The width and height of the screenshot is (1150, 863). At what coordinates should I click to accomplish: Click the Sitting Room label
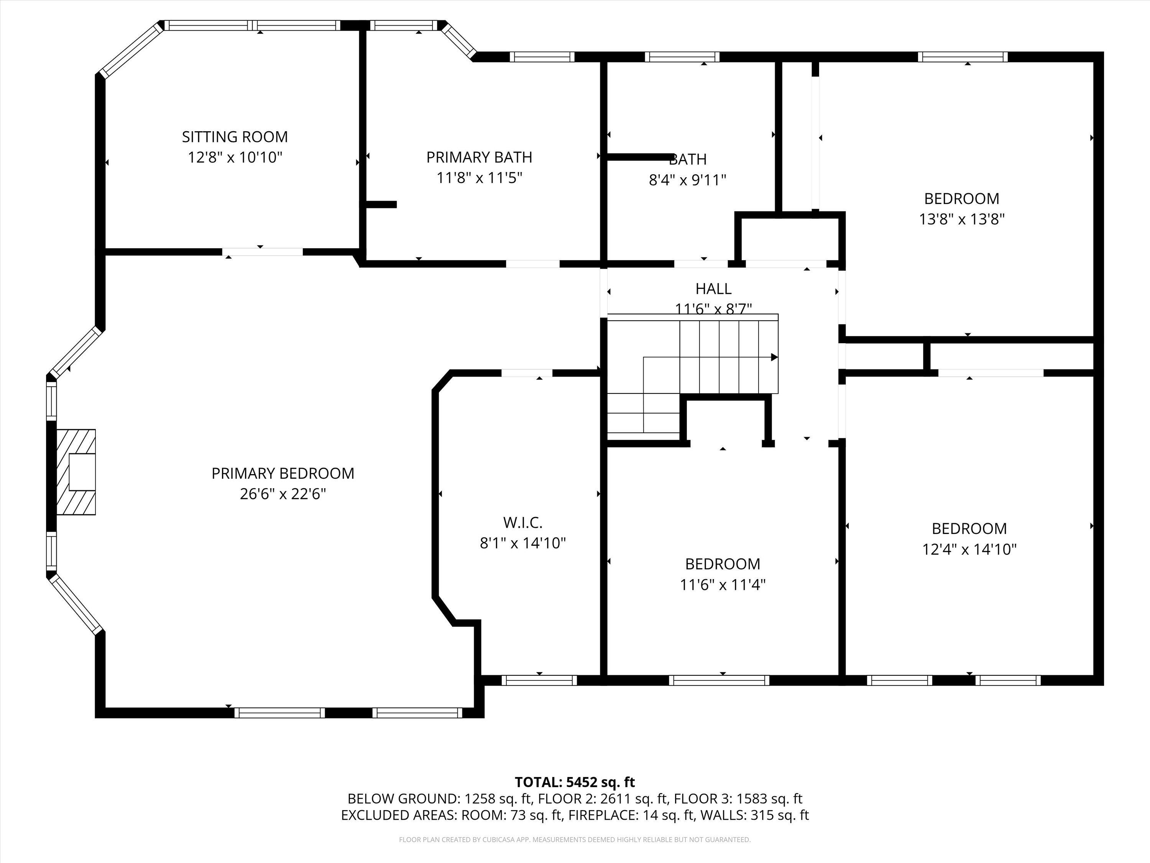click(x=235, y=137)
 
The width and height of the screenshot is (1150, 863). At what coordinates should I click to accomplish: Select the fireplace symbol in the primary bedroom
click(x=76, y=472)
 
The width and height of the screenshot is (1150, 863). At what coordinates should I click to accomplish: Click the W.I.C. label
click(x=522, y=522)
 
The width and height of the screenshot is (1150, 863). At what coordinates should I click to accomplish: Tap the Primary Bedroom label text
click(x=283, y=473)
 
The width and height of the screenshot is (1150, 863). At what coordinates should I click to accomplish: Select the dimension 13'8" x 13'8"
click(x=961, y=219)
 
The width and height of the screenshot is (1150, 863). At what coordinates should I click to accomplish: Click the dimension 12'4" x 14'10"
click(x=969, y=549)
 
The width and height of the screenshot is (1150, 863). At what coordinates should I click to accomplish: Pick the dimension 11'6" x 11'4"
click(x=723, y=585)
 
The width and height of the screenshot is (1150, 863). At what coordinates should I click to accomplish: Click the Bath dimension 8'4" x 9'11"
click(x=687, y=180)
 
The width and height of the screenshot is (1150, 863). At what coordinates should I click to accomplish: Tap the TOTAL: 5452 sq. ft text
click(x=575, y=782)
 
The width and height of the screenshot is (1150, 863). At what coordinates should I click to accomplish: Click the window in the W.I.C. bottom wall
click(x=539, y=680)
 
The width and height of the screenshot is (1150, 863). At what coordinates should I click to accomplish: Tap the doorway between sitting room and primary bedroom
click(x=263, y=252)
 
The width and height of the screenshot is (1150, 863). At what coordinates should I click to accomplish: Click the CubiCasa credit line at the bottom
click(x=575, y=840)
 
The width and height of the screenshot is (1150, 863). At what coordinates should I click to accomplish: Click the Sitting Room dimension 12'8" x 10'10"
click(x=235, y=157)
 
